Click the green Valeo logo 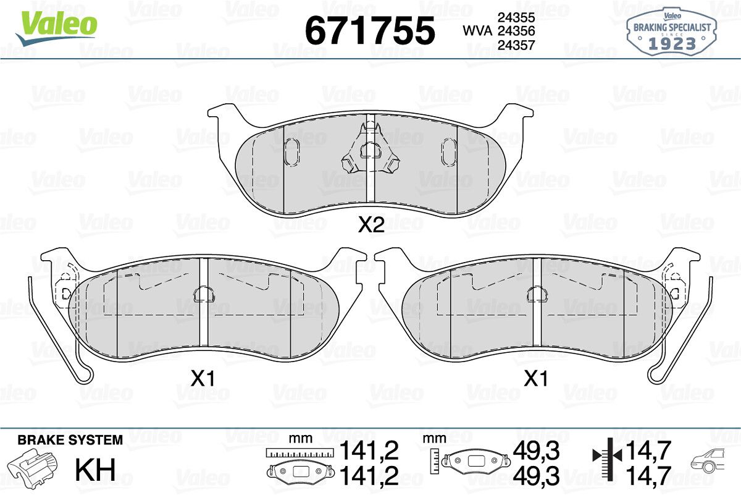tap(57, 27)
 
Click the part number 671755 tap(370, 31)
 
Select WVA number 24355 tap(516, 17)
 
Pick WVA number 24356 tap(516, 31)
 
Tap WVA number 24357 tap(516, 44)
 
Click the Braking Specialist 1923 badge tap(671, 32)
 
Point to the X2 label tap(371, 225)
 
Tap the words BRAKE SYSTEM tap(70, 440)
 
